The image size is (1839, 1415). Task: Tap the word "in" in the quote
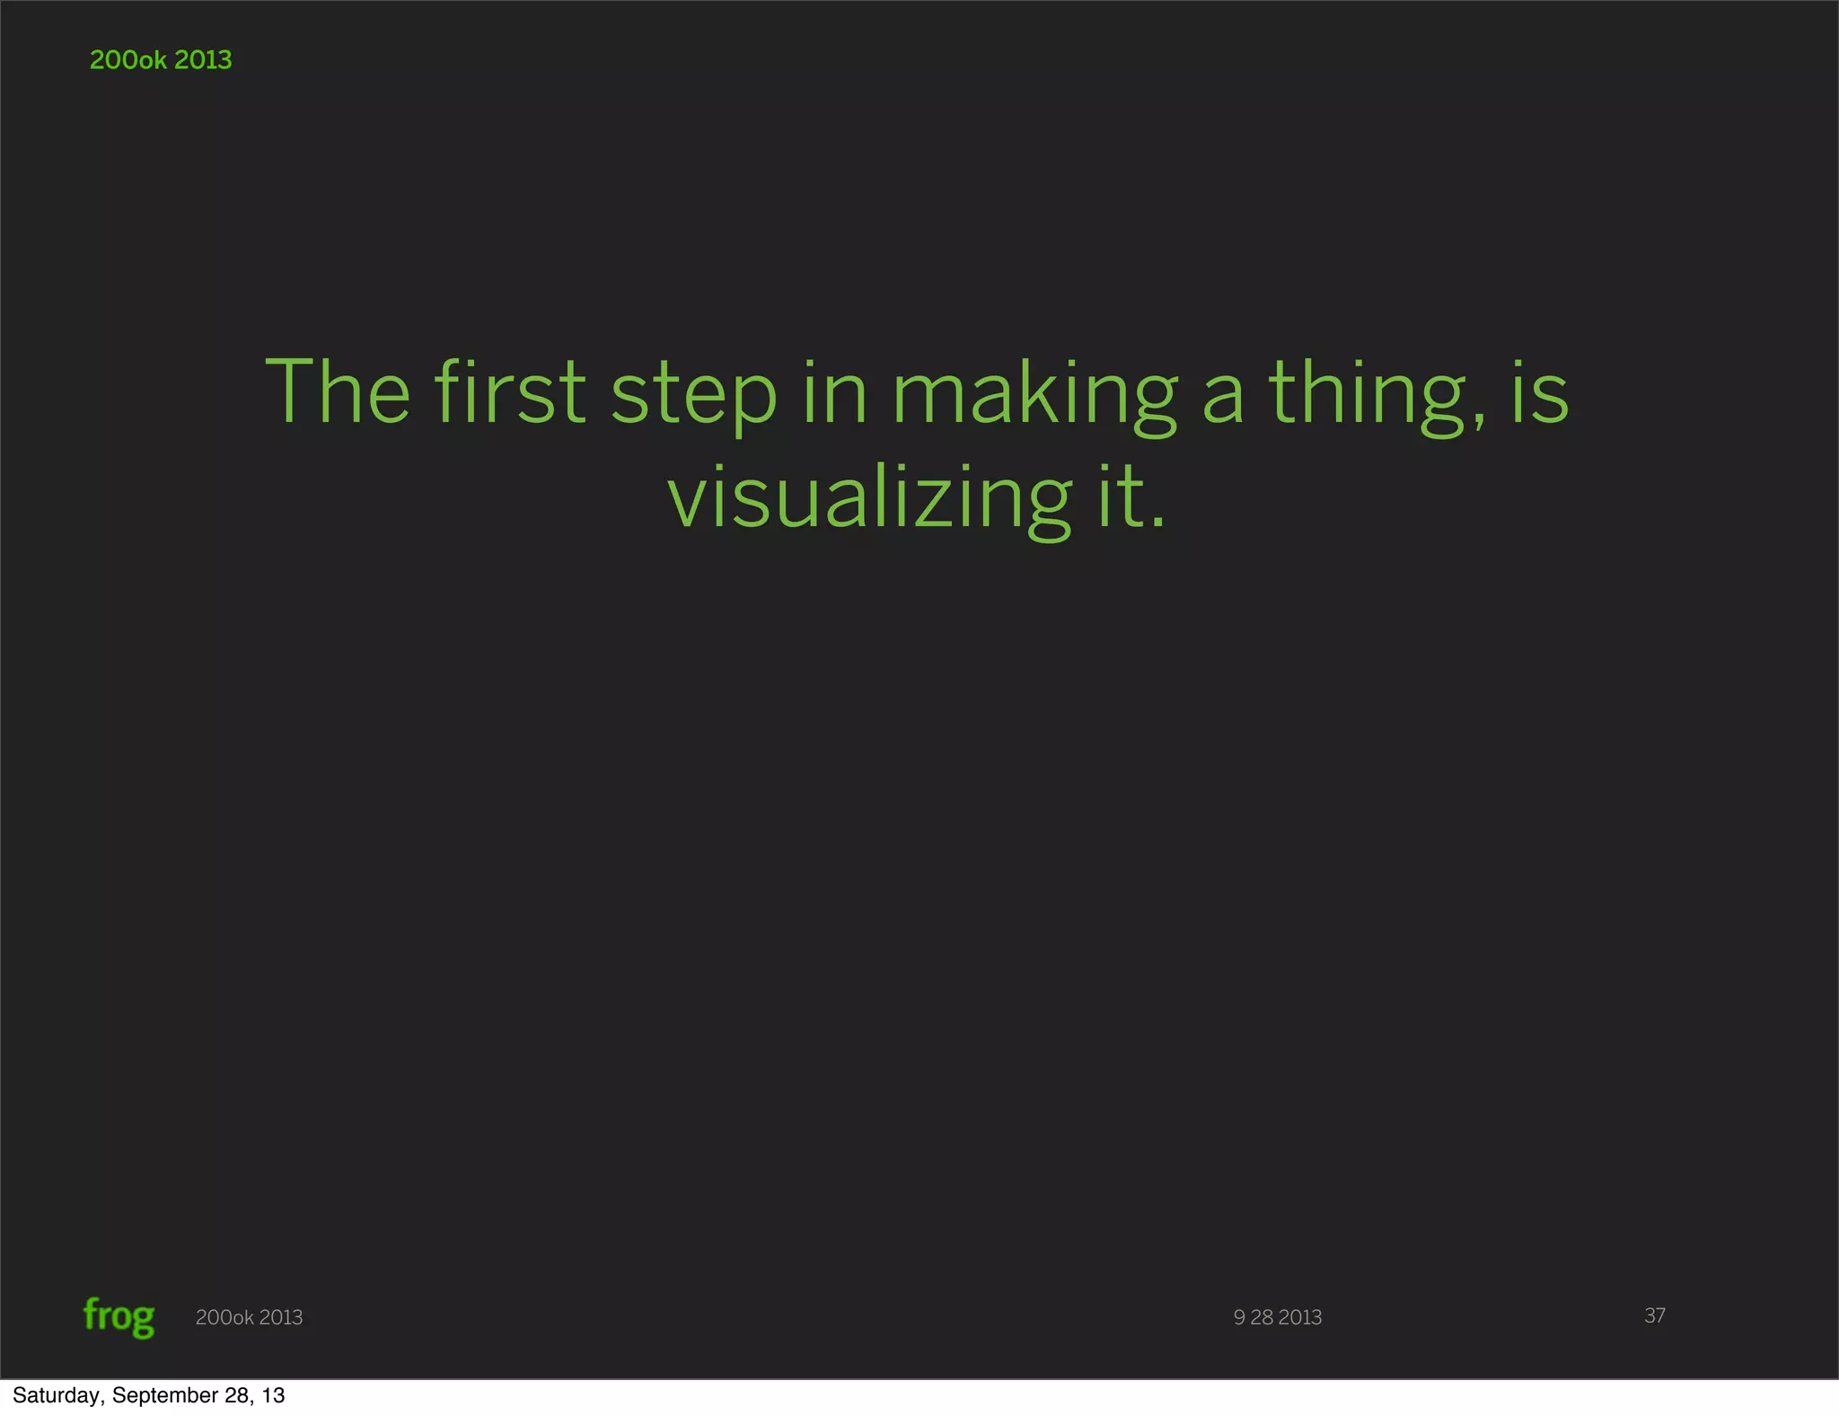click(x=835, y=392)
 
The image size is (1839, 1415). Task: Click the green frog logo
click(x=119, y=1317)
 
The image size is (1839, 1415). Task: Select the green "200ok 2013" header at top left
click(x=161, y=60)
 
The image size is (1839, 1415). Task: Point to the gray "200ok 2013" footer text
click(x=249, y=1317)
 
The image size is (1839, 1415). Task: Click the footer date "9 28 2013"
click(x=1277, y=1317)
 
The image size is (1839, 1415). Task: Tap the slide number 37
click(x=1654, y=1315)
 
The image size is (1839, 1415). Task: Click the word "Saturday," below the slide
click(x=58, y=1395)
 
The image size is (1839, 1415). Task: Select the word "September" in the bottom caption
click(x=166, y=1395)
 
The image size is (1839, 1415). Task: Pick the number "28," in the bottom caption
click(x=241, y=1395)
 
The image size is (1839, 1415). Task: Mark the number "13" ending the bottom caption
click(x=274, y=1395)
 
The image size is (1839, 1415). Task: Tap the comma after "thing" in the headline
click(x=1478, y=422)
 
